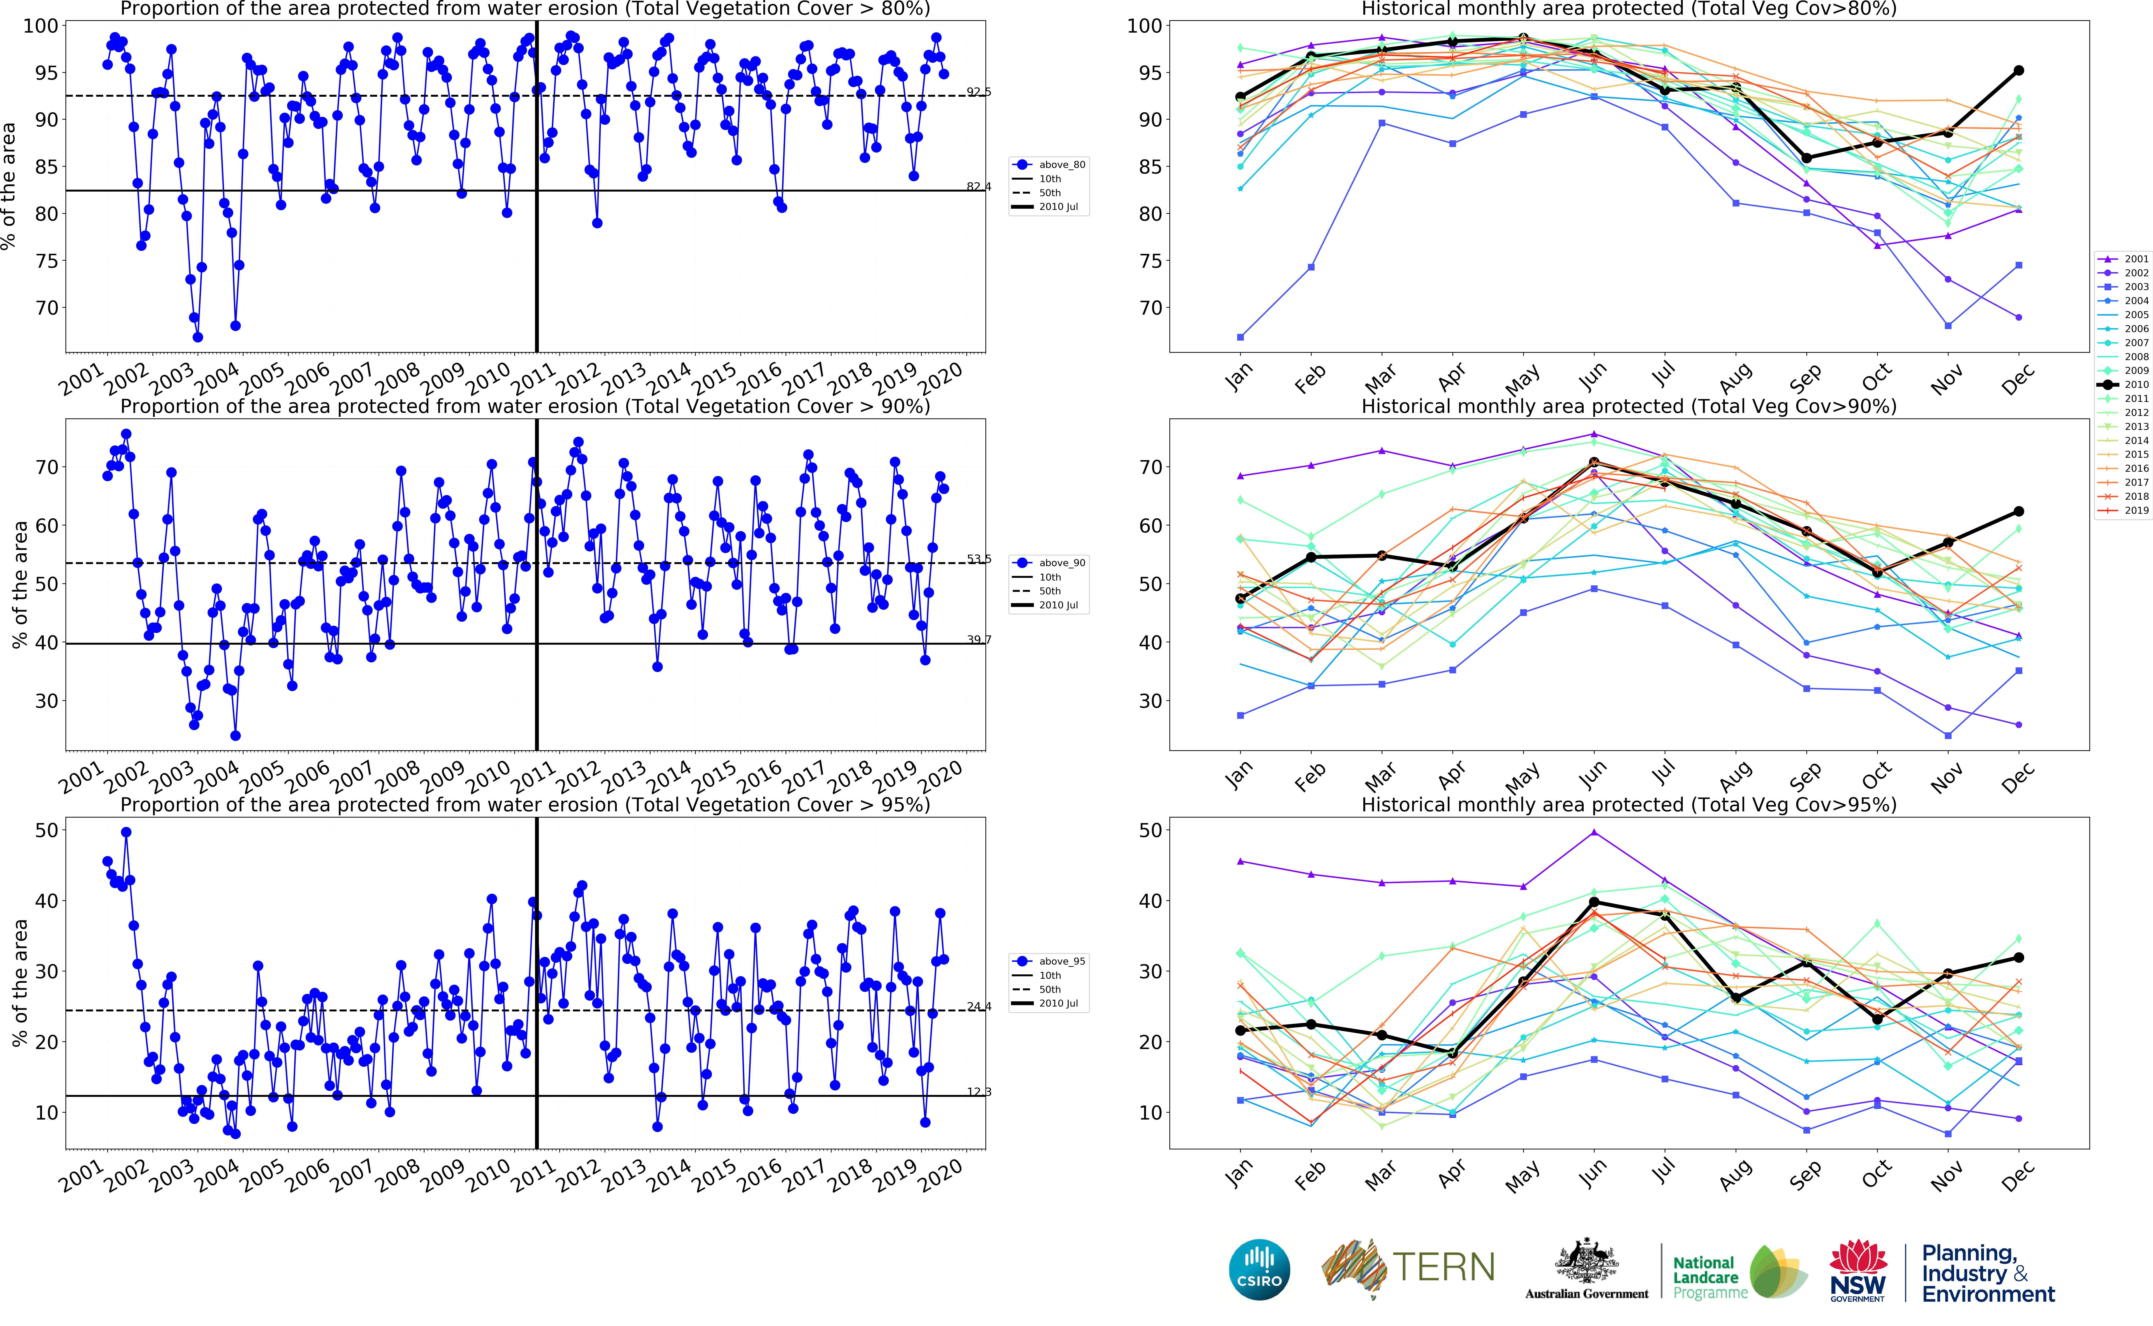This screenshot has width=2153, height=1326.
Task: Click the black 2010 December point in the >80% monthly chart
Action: pos(2018,70)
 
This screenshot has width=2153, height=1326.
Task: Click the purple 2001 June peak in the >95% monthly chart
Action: pos(1593,832)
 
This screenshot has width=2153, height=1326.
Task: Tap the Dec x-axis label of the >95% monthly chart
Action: pos(2015,1175)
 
